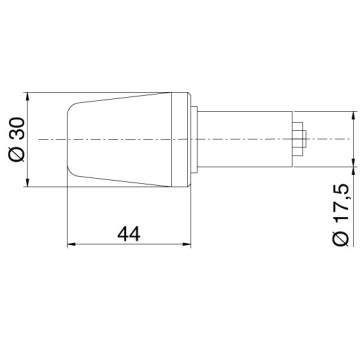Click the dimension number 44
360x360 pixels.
(129, 234)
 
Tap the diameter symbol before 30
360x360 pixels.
(17, 154)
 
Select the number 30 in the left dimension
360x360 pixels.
(17, 128)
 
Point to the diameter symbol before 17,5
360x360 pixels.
(340, 238)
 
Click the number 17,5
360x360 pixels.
(341, 203)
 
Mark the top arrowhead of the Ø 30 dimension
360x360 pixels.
(28, 97)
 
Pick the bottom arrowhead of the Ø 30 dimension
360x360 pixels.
(28, 182)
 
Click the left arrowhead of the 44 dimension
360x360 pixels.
(72, 245)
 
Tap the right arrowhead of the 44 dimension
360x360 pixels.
(186, 245)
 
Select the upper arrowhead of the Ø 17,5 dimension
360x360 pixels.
(352, 116)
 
